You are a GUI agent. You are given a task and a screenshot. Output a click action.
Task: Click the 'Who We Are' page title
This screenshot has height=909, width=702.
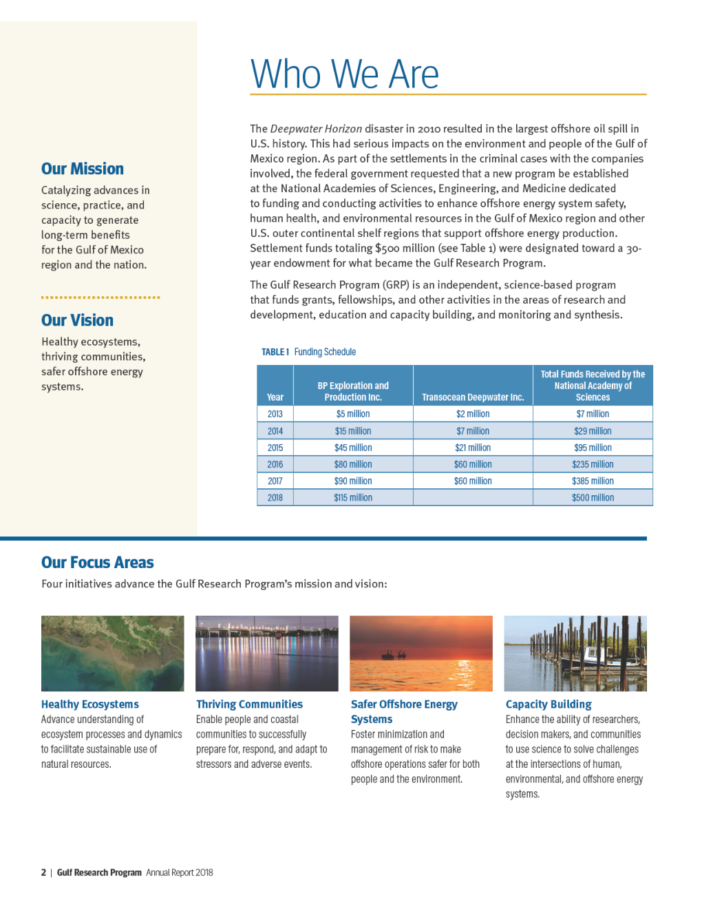coord(344,74)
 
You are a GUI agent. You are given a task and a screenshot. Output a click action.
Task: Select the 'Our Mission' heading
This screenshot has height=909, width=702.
coord(83,169)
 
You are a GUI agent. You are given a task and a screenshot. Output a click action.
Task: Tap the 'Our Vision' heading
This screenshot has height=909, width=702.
coord(77,320)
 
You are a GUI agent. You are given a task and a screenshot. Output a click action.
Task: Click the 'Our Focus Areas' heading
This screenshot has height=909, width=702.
coord(97,563)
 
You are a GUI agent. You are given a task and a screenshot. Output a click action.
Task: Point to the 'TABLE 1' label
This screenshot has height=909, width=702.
coord(275,352)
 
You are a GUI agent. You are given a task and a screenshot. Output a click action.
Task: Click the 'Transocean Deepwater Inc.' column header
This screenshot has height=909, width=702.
coord(473,397)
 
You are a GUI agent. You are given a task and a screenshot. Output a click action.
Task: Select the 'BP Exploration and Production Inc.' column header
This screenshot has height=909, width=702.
coord(353,391)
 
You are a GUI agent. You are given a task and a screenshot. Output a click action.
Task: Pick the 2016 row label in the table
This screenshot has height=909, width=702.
coord(275,464)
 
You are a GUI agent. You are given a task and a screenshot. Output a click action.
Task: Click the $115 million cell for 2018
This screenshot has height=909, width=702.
coord(353,498)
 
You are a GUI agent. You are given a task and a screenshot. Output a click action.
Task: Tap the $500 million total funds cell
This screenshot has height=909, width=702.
coord(593,498)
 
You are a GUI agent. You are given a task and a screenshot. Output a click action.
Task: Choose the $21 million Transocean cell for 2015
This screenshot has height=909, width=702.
coord(473,448)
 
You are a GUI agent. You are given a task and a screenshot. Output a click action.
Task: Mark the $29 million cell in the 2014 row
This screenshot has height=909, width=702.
coord(593,431)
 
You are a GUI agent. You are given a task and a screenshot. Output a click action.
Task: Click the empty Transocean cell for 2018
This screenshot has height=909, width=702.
coord(473,498)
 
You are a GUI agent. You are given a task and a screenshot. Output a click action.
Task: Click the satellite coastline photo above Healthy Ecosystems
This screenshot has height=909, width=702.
coord(112,653)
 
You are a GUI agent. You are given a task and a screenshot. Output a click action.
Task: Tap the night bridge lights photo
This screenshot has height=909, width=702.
coord(267,653)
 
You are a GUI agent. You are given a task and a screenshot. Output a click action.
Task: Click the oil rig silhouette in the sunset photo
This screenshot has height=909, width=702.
coord(393,654)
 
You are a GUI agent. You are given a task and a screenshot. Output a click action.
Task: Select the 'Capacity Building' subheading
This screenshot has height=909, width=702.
coord(549,704)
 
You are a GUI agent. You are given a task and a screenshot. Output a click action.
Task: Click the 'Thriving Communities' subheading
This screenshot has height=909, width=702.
coord(249,704)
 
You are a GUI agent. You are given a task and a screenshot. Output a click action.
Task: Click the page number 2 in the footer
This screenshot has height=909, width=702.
coord(43,873)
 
